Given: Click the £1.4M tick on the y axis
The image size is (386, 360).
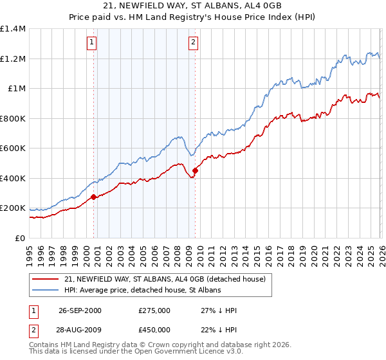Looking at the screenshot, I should tap(13, 29).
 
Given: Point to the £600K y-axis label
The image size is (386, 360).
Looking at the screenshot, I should tap(13, 148).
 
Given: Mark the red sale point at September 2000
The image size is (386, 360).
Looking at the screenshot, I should tap(94, 197).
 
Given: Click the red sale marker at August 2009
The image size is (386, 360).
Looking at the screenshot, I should tap(195, 171).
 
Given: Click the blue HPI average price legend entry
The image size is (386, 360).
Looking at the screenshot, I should tap(142, 290).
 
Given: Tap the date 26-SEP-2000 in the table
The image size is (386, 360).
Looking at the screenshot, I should tap(80, 310).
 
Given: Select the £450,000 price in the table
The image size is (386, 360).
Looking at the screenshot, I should tap(154, 330).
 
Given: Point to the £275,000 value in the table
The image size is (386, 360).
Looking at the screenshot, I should tap(154, 310).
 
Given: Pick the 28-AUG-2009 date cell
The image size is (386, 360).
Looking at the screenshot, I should tap(80, 330).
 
